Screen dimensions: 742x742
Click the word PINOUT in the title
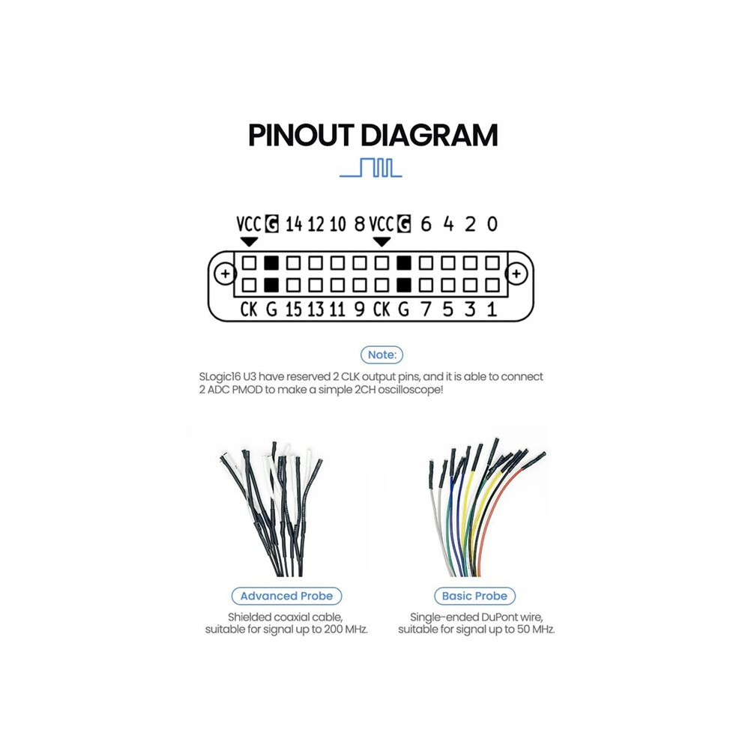tap(301, 135)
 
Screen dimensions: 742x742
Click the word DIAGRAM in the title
tap(429, 135)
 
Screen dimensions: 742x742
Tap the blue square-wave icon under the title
tap(371, 168)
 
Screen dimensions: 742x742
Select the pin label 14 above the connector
tap(293, 224)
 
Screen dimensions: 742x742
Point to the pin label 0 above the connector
tap(492, 224)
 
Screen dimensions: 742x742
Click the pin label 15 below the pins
tap(293, 310)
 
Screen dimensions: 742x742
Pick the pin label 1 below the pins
tap(492, 310)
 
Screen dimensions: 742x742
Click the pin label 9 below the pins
tap(360, 310)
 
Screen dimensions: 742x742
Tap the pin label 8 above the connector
tap(360, 224)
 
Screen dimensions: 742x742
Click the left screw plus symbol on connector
tap(226, 274)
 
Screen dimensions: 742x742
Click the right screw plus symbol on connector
tap(516, 274)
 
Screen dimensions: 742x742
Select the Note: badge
tap(382, 355)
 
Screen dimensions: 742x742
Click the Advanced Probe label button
tap(286, 596)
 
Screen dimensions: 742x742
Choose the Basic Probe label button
tap(474, 596)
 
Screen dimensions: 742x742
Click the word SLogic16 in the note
tap(220, 377)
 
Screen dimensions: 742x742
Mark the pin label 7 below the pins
tap(426, 310)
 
